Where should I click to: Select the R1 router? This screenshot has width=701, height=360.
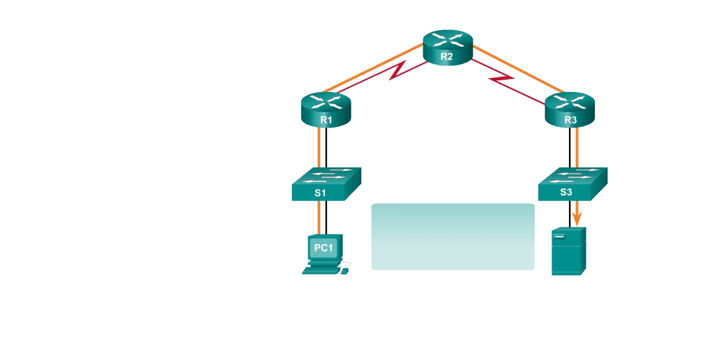[326, 108]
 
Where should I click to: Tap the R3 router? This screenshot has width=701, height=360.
[570, 108]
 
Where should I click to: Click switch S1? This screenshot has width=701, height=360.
[326, 184]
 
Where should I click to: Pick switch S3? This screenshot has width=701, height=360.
[572, 184]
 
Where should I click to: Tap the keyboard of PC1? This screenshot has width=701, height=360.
[322, 271]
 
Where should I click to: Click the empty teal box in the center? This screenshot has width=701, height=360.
[452, 236]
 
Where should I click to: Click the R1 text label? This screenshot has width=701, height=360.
[326, 120]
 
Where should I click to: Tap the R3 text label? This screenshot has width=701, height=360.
[570, 120]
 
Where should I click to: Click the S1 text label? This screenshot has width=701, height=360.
[320, 192]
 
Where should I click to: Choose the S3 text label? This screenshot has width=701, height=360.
[565, 192]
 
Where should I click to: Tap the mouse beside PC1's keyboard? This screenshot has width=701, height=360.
[345, 271]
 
